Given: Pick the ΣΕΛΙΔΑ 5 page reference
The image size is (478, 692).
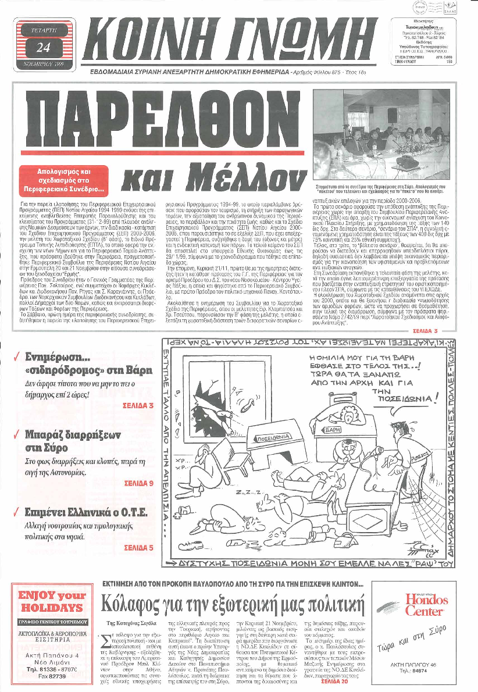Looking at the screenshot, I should [139, 547].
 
